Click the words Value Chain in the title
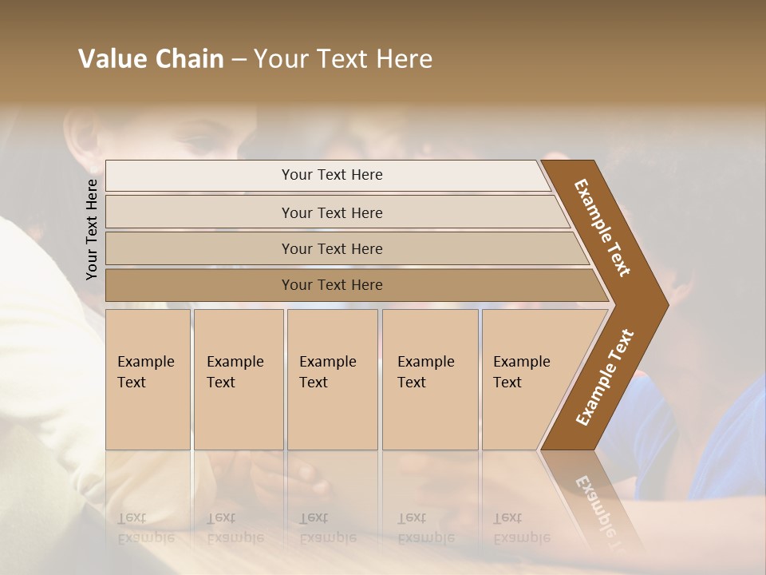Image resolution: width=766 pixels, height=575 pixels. pyautogui.click(x=151, y=59)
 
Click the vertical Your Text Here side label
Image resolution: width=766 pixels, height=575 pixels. pyautogui.click(x=93, y=229)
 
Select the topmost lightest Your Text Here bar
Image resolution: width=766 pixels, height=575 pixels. pyautogui.click(x=331, y=175)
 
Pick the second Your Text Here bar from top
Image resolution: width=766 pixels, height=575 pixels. pyautogui.click(x=331, y=212)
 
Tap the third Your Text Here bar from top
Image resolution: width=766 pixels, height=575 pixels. pyautogui.click(x=331, y=248)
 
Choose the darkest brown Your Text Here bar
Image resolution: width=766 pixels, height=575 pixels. pyautogui.click(x=331, y=285)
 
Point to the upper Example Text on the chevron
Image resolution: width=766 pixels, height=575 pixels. pyautogui.click(x=602, y=228)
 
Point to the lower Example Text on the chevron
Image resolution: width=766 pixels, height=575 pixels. pyautogui.click(x=605, y=377)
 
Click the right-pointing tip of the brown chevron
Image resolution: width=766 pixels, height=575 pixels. pyautogui.click(x=666, y=304)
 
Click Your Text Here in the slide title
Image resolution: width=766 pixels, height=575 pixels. pyautogui.click(x=343, y=59)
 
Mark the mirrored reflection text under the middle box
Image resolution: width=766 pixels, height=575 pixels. pyautogui.click(x=327, y=528)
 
